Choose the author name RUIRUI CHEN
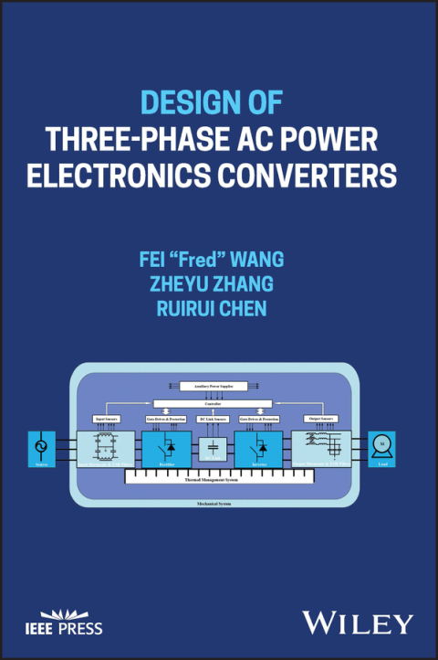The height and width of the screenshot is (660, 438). point(219,309)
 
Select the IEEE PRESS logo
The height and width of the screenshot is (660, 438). point(64,622)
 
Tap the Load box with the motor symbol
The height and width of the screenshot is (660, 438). point(382,448)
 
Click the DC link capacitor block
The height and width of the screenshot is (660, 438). point(212,450)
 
